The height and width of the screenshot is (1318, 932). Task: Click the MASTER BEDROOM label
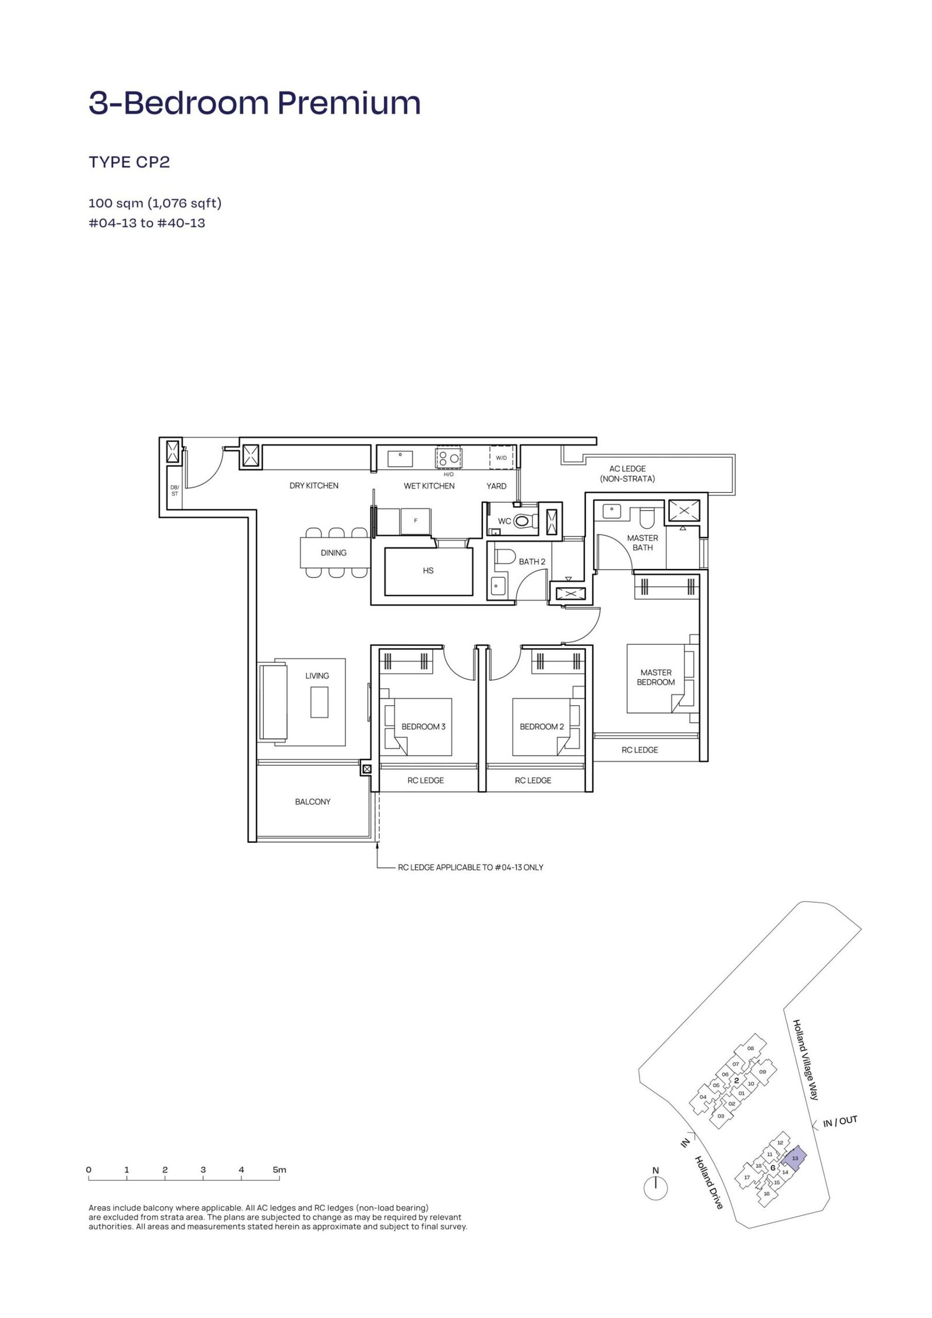(x=655, y=677)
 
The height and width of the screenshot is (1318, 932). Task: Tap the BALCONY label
(x=313, y=801)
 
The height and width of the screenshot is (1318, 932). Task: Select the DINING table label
(x=333, y=553)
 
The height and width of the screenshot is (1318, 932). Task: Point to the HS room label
(x=428, y=571)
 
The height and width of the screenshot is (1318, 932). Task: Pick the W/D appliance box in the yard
(x=501, y=457)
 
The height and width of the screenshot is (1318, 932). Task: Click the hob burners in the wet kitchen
(x=448, y=457)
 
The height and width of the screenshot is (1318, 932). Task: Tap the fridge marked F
(x=415, y=520)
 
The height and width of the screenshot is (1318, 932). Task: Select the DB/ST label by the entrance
(x=174, y=490)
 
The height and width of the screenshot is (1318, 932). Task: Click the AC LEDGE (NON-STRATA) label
(x=627, y=474)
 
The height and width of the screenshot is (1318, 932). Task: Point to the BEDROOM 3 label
(x=423, y=726)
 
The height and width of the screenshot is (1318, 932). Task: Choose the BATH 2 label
(x=532, y=561)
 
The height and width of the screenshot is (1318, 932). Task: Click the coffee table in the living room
(x=319, y=702)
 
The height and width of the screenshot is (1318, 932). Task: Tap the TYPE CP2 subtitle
(x=129, y=162)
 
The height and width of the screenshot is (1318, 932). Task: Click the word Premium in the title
(x=348, y=103)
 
